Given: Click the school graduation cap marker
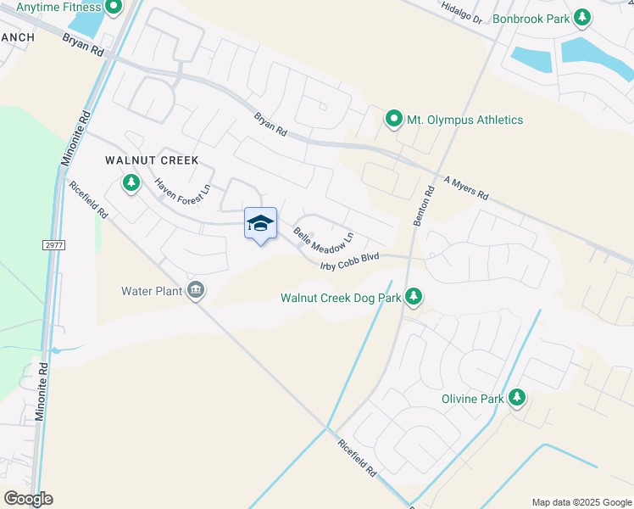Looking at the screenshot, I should point(260,223).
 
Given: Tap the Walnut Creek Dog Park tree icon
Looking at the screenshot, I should point(414,296).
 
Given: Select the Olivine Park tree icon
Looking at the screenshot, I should point(516,397).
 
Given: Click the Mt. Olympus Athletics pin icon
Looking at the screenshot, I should point(393,120).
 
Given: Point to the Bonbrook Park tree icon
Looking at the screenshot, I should point(581,17).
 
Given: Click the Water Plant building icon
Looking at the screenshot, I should point(197,291).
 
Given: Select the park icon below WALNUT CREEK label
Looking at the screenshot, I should point(131,182).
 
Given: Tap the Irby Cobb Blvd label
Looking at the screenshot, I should point(348,261).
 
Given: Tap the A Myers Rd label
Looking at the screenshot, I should point(466,188).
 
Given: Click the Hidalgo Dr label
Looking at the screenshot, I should point(461,12).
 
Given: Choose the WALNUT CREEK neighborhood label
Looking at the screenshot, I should point(151,160).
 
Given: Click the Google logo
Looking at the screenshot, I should point(28,499).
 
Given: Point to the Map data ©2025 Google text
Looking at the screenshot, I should point(581,502).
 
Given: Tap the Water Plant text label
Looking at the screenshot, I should point(152,291).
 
